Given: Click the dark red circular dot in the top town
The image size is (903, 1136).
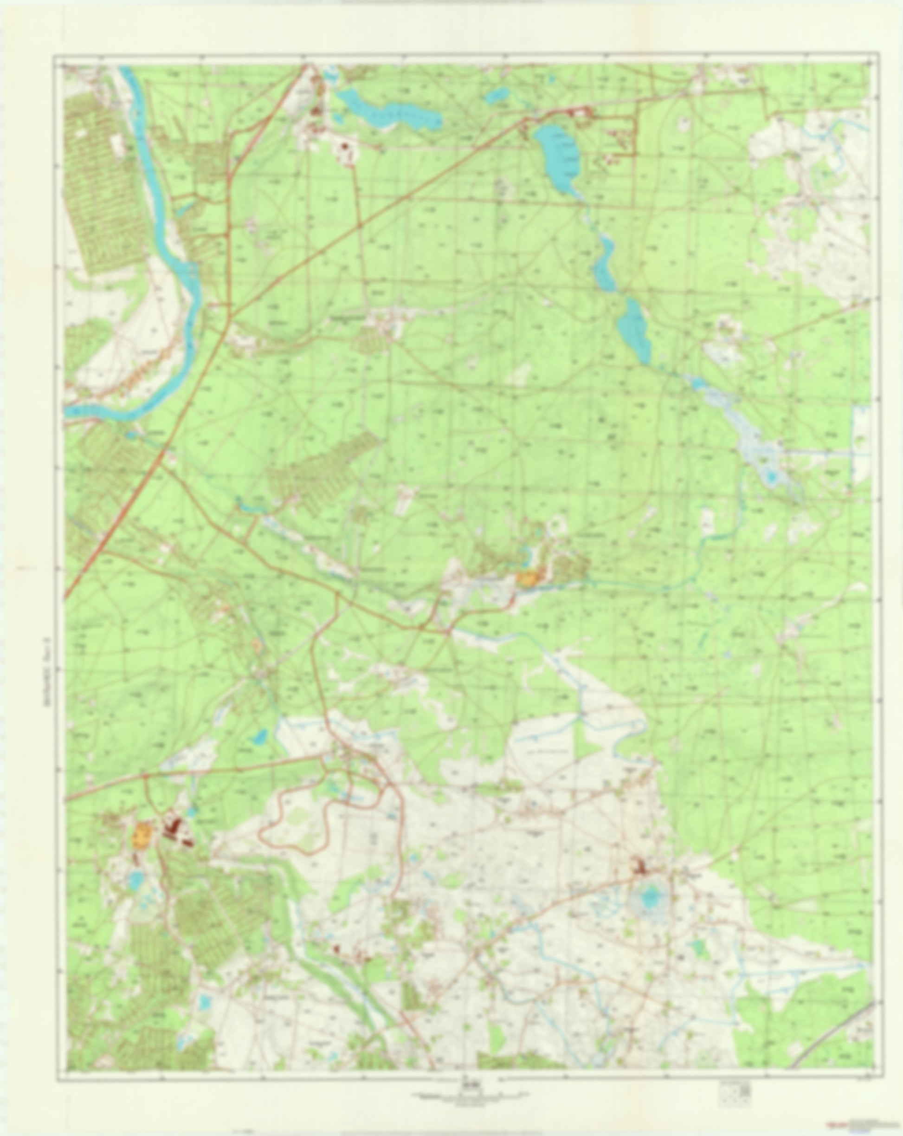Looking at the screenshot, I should pyautogui.click(x=345, y=147).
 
